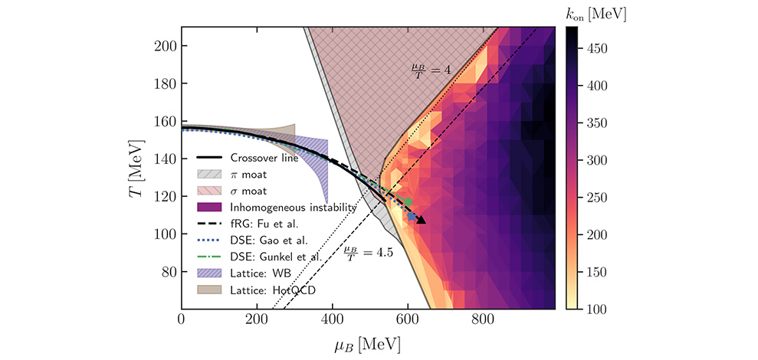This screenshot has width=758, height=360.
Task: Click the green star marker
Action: point(408,201)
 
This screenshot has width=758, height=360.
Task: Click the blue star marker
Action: point(412,217)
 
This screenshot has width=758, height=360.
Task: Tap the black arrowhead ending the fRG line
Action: point(422,221)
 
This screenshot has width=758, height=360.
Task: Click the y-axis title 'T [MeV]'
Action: point(139,167)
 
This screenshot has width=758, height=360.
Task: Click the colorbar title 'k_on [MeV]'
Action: point(595,15)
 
